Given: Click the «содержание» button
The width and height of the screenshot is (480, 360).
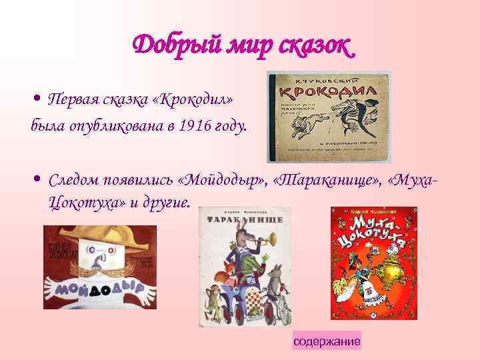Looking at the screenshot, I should pos(327,341).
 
